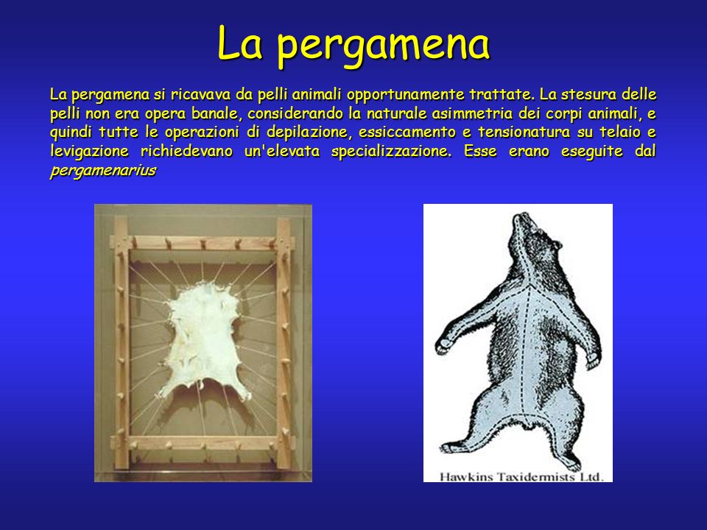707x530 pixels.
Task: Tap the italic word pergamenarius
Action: [x=103, y=171]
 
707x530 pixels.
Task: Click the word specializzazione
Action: [x=391, y=152]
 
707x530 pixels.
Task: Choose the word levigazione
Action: [x=89, y=152]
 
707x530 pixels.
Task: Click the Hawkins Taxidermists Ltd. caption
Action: [x=521, y=476]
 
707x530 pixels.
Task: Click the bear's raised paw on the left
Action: [x=445, y=344]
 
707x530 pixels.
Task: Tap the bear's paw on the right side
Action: [x=593, y=359]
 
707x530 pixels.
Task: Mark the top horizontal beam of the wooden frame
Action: [x=203, y=242]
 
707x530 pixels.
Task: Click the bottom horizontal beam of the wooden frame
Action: [x=203, y=443]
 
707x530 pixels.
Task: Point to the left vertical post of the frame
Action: [x=122, y=342]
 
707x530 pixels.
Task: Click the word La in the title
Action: [x=239, y=43]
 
